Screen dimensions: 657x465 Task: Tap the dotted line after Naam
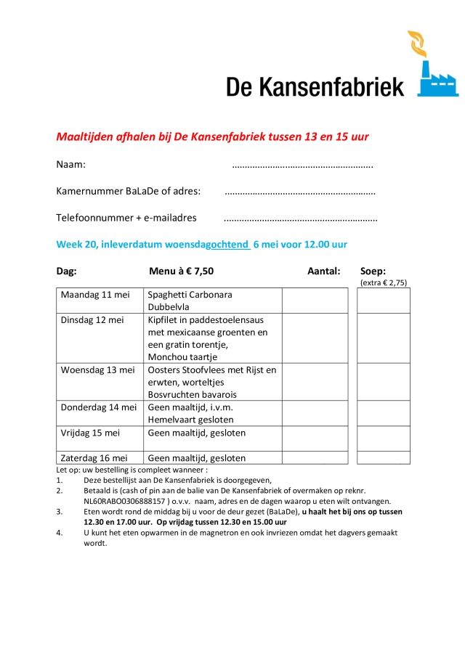(302, 166)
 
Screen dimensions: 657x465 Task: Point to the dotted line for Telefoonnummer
(300, 219)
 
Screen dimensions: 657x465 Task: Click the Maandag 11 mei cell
(95, 295)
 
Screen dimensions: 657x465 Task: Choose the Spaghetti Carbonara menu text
(190, 295)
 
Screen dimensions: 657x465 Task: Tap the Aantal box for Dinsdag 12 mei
(315, 338)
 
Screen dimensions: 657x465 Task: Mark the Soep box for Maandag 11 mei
(383, 301)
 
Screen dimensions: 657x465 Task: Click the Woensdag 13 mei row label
(98, 370)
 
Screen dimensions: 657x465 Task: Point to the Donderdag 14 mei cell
(99, 407)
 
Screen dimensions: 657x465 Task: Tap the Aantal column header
(323, 271)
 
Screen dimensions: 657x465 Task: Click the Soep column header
(373, 271)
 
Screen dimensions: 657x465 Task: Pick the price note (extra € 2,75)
(383, 282)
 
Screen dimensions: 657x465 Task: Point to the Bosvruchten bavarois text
(192, 394)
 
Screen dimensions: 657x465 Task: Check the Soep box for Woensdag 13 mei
(383, 381)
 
